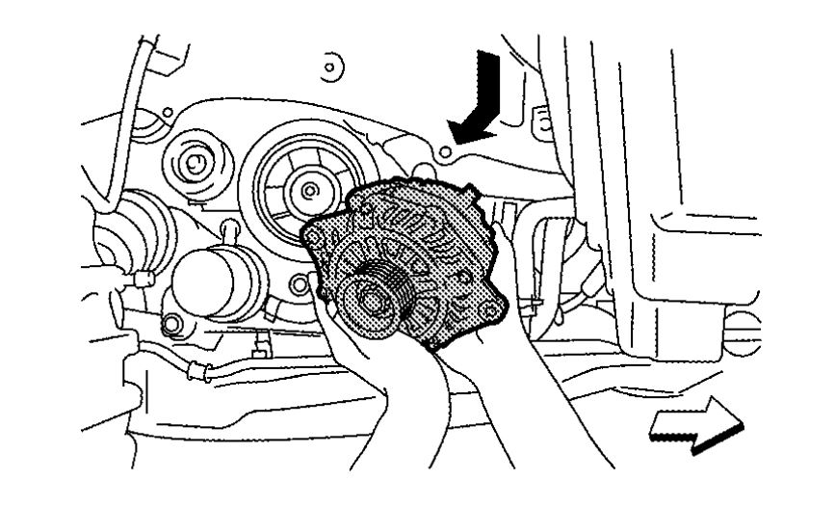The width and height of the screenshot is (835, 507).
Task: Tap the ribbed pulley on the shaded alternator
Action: pyautogui.click(x=372, y=299)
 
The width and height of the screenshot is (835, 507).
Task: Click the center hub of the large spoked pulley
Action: pyautogui.click(x=307, y=190)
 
